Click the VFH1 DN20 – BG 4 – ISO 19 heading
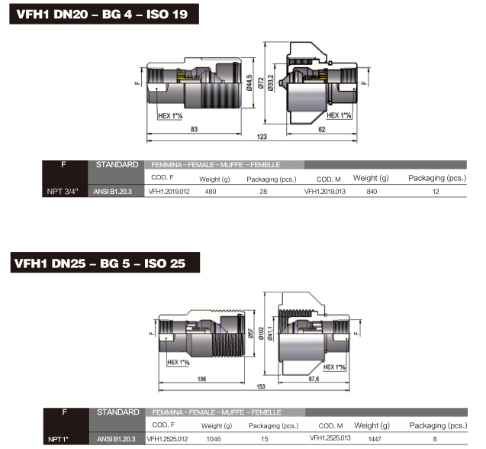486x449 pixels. point(102,15)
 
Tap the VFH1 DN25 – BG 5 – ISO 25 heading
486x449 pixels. point(100,263)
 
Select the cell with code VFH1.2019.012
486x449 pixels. point(169,192)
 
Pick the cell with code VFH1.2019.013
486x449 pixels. point(325,192)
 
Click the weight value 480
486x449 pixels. point(211,192)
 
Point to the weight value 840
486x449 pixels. point(372,192)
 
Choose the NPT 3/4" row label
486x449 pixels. point(63,192)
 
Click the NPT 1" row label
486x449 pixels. point(58,439)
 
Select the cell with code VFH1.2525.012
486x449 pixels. point(167,439)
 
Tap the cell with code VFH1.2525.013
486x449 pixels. point(330,438)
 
